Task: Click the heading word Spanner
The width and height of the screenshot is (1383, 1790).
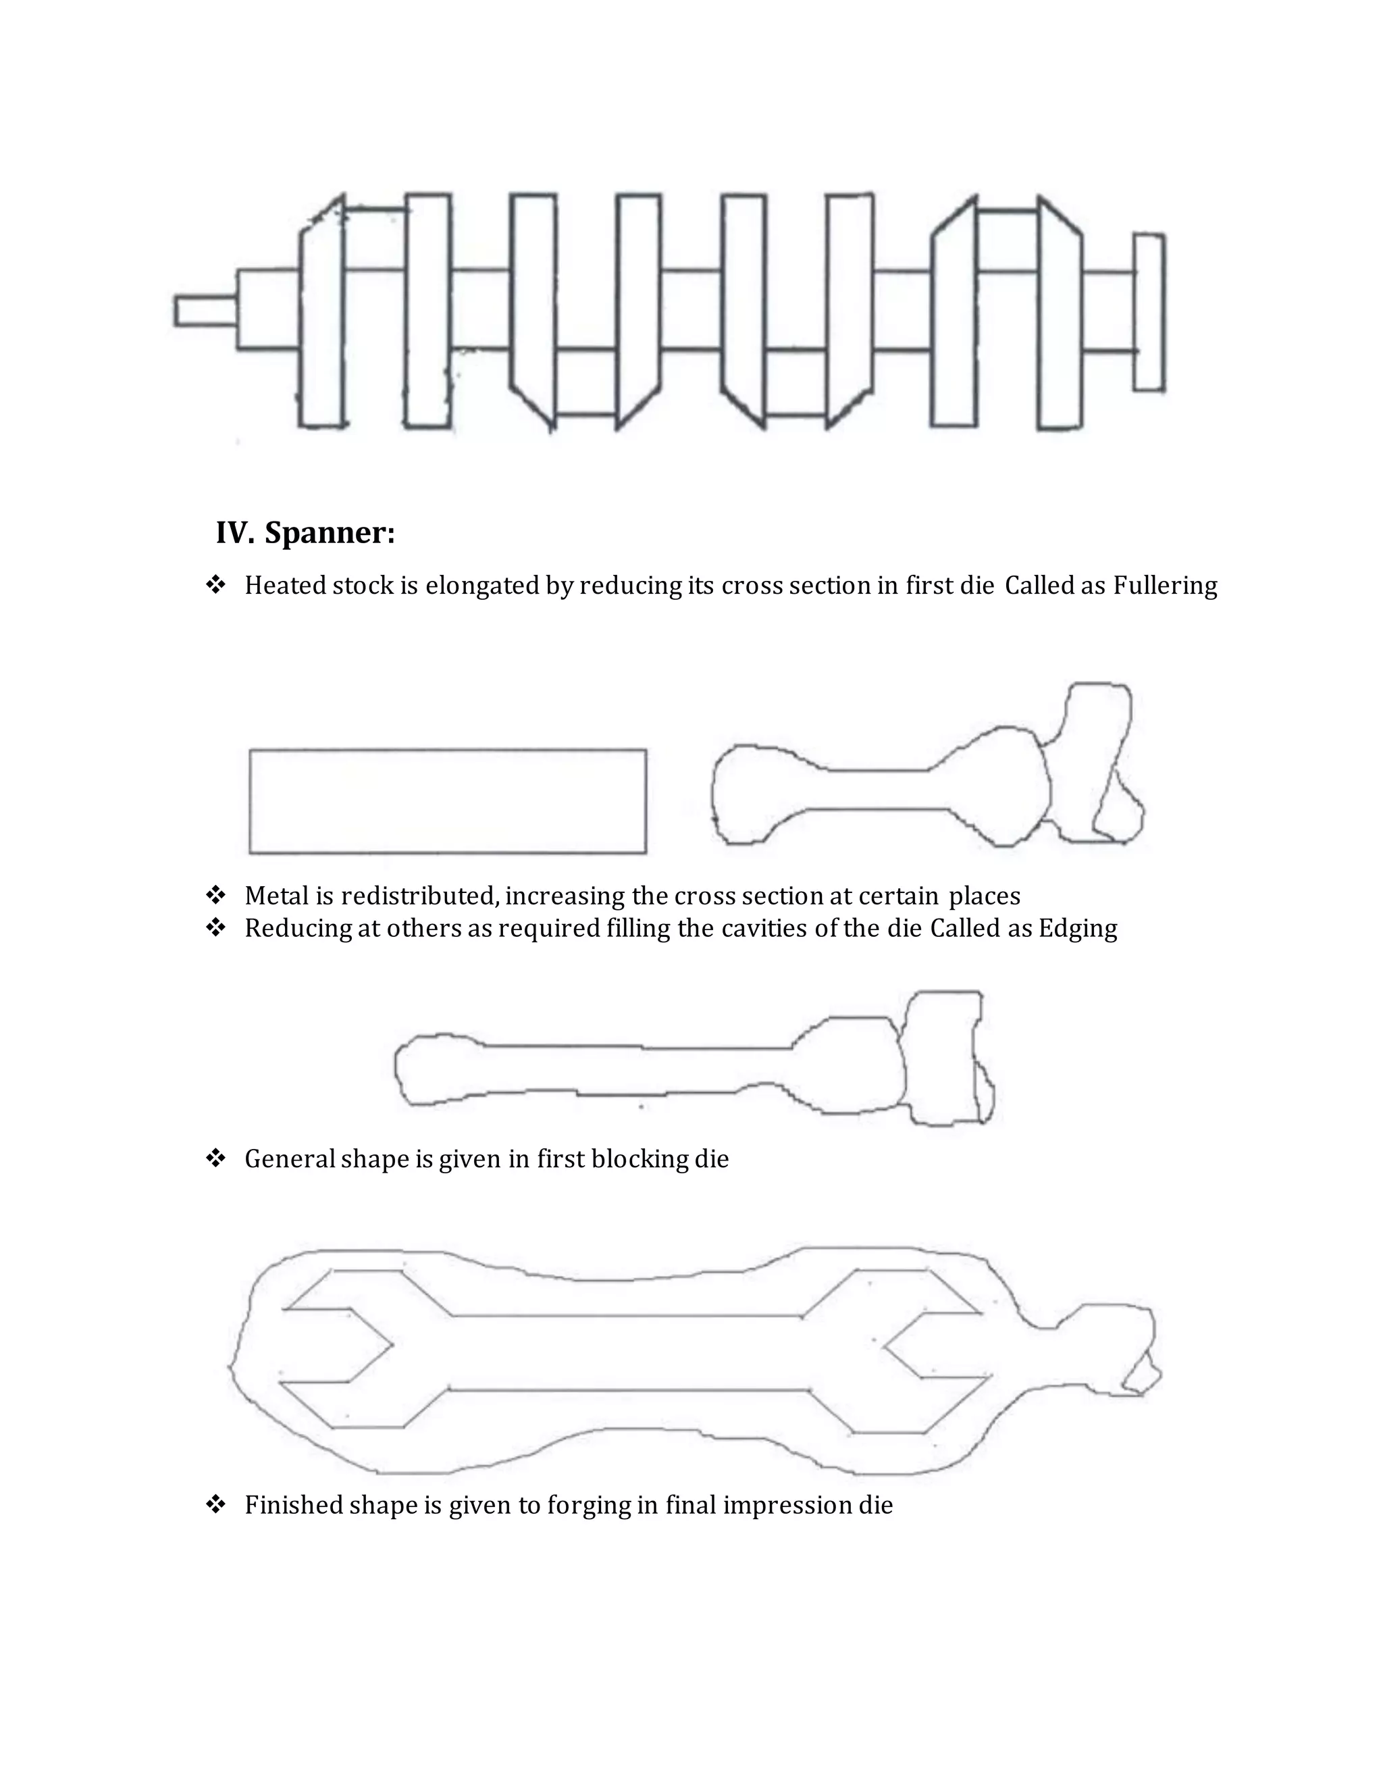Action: coord(330,534)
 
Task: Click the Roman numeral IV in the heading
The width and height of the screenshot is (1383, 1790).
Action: coord(234,534)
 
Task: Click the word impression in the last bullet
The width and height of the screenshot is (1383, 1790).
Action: coord(787,1505)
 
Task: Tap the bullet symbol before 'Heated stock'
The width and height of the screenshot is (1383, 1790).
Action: coord(215,585)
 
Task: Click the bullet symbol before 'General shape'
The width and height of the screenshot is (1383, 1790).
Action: coord(215,1158)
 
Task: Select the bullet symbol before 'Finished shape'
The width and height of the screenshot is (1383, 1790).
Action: coord(215,1505)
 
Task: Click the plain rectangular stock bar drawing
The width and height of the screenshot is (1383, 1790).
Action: coord(447,800)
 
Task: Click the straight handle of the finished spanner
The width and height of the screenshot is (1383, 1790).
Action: coord(627,1352)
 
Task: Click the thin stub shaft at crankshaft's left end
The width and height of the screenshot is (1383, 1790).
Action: coord(205,311)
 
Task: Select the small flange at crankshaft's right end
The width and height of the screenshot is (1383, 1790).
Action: coord(1149,311)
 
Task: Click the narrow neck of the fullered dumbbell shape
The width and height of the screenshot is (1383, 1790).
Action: coord(877,789)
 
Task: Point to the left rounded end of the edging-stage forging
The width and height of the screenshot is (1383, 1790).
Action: coord(430,1069)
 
